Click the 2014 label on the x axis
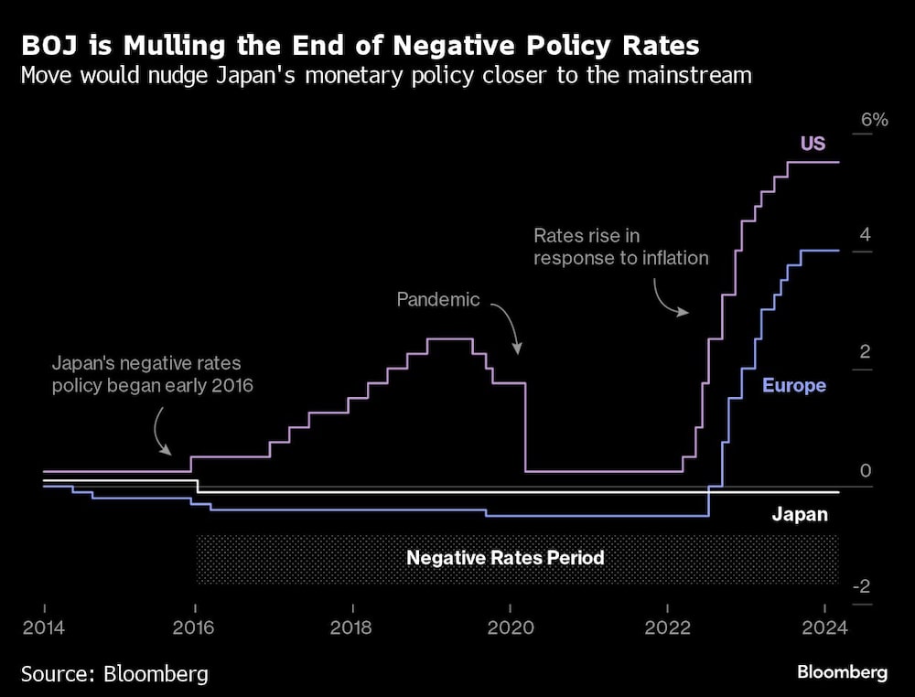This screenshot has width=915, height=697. click(x=44, y=629)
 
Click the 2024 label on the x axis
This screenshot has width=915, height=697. click(x=820, y=629)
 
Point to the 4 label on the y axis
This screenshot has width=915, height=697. click(x=865, y=234)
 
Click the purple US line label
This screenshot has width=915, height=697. click(x=813, y=144)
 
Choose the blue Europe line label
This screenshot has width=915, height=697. click(x=793, y=385)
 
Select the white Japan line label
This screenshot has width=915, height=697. click(x=799, y=514)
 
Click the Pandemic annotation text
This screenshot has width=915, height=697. click(x=437, y=299)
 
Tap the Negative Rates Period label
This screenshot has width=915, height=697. click(x=505, y=557)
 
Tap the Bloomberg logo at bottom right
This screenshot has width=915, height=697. click(x=842, y=672)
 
